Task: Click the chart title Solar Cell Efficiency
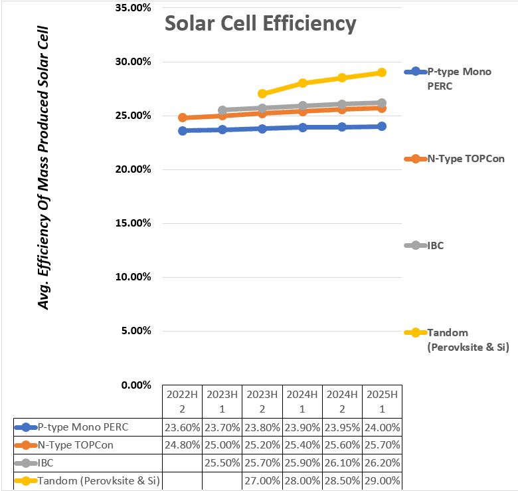pos(260,23)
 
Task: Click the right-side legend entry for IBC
pos(435,245)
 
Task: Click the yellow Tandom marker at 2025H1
pos(382,72)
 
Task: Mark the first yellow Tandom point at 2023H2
pos(262,94)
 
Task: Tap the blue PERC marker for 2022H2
pos(182,131)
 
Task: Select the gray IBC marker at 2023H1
pos(222,110)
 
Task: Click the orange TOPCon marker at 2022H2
pos(182,118)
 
